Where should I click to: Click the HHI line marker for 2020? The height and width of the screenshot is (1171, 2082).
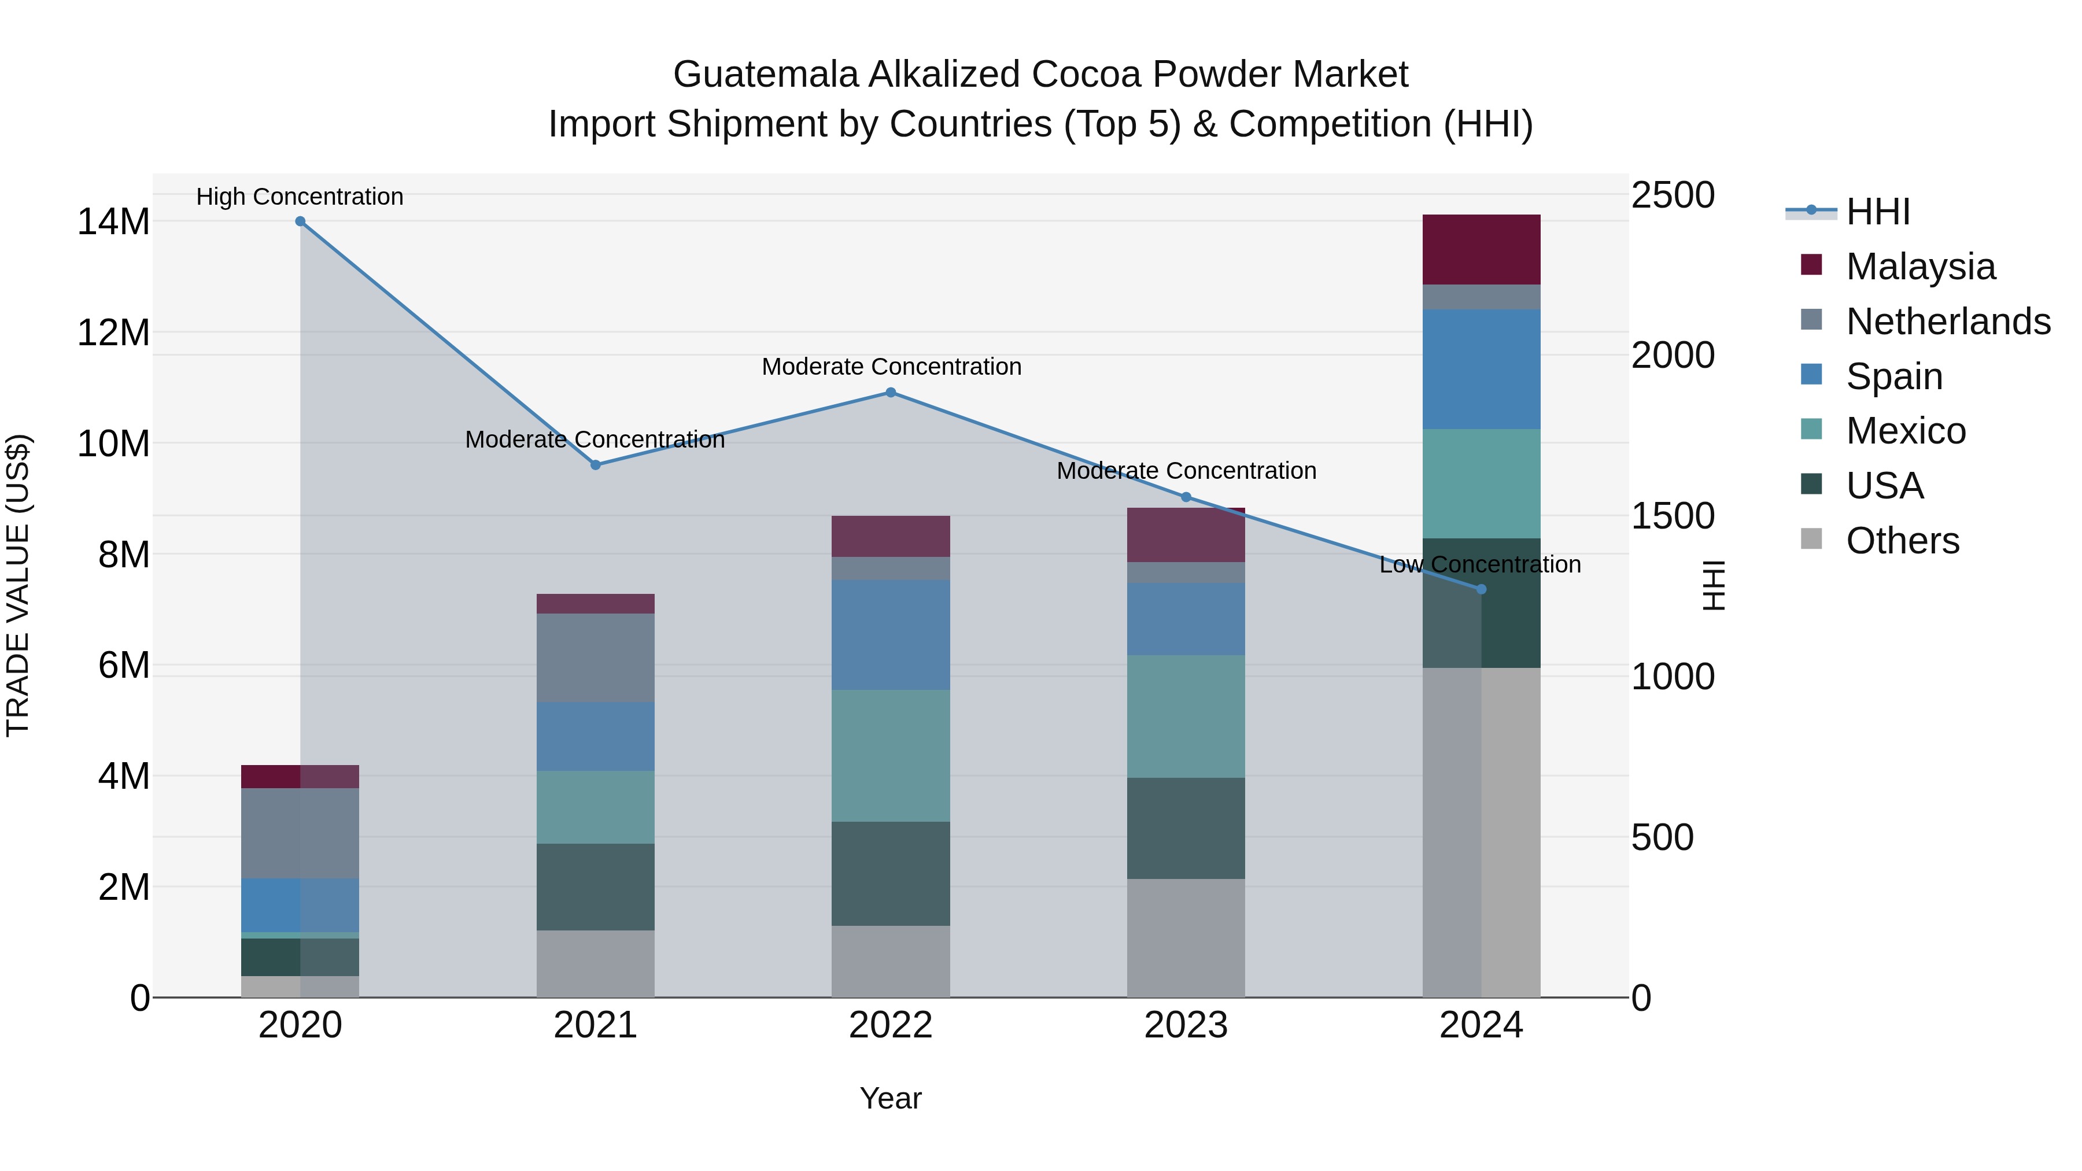(x=300, y=221)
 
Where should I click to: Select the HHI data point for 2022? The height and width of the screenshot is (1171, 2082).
(x=891, y=393)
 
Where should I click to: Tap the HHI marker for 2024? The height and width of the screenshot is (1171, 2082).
(x=1481, y=589)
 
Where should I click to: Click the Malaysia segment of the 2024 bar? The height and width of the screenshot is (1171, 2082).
(x=1481, y=250)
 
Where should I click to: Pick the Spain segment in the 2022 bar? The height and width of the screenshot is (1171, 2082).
(x=891, y=634)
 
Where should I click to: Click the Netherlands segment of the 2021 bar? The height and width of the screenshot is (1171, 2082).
(x=596, y=658)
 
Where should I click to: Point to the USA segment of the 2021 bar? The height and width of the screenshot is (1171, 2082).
(x=596, y=886)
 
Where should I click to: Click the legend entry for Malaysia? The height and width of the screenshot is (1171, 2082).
(x=1919, y=267)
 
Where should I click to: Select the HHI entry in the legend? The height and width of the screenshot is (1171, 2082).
(x=1877, y=212)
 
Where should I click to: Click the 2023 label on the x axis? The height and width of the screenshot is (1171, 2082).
(x=1186, y=1025)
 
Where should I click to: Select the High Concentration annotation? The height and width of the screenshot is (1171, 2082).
(x=300, y=197)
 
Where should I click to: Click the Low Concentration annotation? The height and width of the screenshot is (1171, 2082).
(x=1480, y=564)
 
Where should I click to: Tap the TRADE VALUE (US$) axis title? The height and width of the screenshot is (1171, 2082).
(x=18, y=585)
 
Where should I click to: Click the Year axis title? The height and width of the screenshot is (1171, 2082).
(x=891, y=1098)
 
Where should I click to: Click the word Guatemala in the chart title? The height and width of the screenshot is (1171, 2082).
(x=765, y=75)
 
